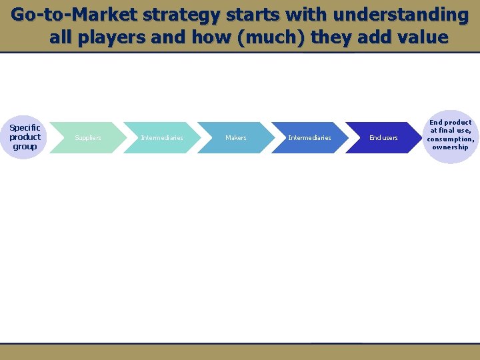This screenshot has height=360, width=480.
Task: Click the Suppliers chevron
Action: pyautogui.click(x=88, y=138)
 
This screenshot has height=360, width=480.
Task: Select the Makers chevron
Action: pyautogui.click(x=235, y=138)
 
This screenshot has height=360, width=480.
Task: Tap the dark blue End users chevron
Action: pyautogui.click(x=383, y=138)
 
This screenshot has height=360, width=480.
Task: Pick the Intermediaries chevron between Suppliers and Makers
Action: pyautogui.click(x=162, y=138)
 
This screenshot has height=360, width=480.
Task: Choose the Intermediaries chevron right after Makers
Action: pyautogui.click(x=309, y=138)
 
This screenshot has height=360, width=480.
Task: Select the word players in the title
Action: pyautogui.click(x=111, y=37)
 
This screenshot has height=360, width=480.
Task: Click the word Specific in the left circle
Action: pyautogui.click(x=25, y=127)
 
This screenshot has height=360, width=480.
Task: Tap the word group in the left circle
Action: pyautogui.click(x=25, y=147)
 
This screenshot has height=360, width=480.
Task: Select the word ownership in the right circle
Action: pyautogui.click(x=451, y=147)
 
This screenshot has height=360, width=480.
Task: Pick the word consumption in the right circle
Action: pyautogui.click(x=451, y=139)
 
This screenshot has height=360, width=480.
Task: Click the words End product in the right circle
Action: pyautogui.click(x=451, y=123)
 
